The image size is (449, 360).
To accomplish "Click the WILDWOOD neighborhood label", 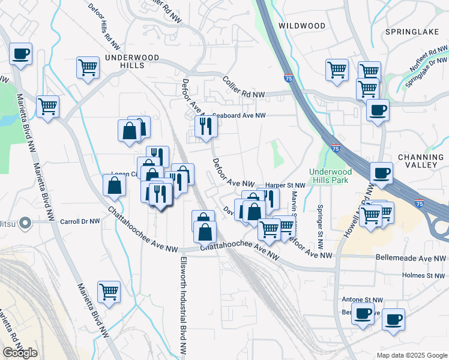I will pyautogui.click(x=303, y=26).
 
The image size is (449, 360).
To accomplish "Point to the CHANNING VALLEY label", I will pyautogui.click(x=420, y=163).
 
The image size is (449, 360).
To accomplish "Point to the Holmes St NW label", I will pyautogui.click(x=424, y=275).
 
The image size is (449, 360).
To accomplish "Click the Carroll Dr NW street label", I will pyautogui.click(x=80, y=221).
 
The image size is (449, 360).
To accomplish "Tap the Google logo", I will pyautogui.click(x=20, y=353).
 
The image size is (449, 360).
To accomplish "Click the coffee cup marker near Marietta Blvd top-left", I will pyautogui.click(x=21, y=54).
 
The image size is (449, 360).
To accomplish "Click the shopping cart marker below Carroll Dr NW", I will pyautogui.click(x=109, y=292).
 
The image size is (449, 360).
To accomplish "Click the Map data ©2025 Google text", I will pyautogui.click(x=412, y=355).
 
